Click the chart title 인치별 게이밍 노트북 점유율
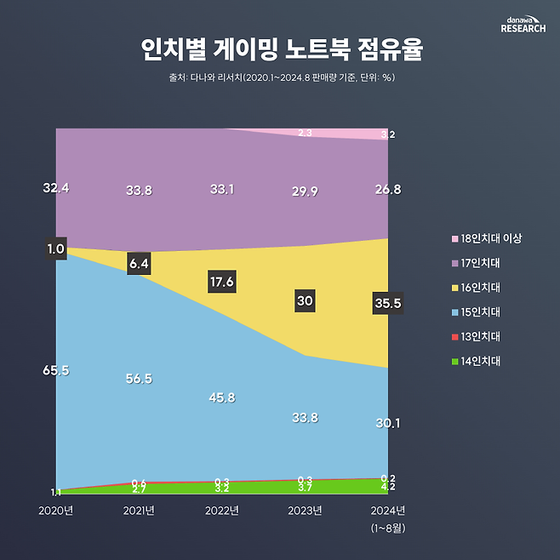pyautogui.click(x=280, y=49)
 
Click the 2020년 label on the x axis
pyautogui.click(x=56, y=511)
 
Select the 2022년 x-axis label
pyautogui.click(x=222, y=511)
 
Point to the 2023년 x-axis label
pyautogui.click(x=305, y=511)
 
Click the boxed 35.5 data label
pyautogui.click(x=387, y=303)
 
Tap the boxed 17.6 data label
pyautogui.click(x=221, y=282)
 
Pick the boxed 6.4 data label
pyautogui.click(x=139, y=264)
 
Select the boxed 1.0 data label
pyautogui.click(x=56, y=249)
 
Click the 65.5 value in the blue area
pyautogui.click(x=56, y=370)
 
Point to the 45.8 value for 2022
pyautogui.click(x=221, y=397)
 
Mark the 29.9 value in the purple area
pyautogui.click(x=305, y=192)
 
